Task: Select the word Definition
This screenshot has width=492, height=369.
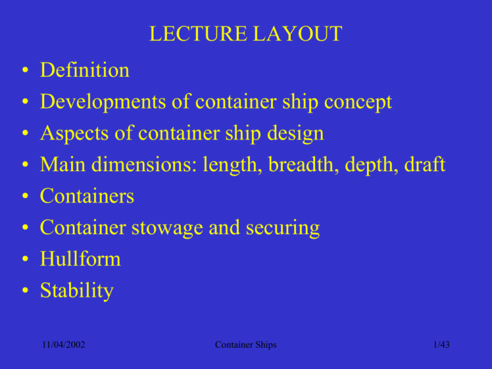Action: tap(85, 69)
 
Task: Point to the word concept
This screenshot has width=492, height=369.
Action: tap(354, 101)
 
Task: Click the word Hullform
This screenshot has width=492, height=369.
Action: tap(80, 259)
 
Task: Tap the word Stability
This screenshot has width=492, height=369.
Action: tap(77, 291)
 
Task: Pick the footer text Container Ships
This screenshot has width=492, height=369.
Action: tap(246, 344)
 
